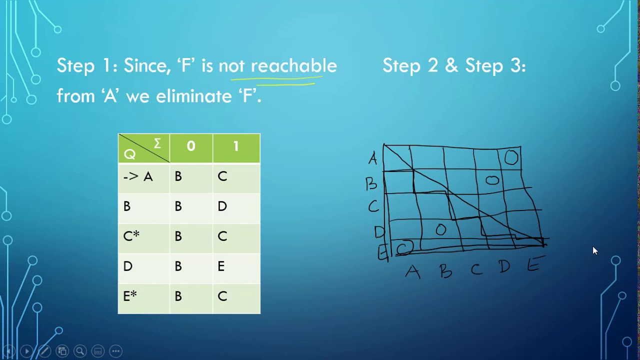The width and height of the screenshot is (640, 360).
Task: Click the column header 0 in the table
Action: click(x=191, y=146)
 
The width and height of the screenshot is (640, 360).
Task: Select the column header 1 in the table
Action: click(x=236, y=146)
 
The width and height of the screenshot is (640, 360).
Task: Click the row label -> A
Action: click(x=138, y=176)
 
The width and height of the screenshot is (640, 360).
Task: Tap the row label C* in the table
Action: click(x=131, y=236)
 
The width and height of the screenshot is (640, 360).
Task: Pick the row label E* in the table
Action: click(x=130, y=296)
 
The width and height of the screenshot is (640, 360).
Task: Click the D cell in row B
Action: click(x=222, y=206)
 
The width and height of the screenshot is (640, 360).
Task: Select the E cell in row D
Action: click(x=221, y=266)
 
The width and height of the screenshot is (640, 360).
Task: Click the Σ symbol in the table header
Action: click(x=157, y=144)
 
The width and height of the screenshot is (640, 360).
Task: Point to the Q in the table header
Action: click(x=129, y=154)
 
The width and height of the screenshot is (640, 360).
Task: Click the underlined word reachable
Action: click(x=293, y=66)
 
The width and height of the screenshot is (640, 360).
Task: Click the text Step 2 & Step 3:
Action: click(x=454, y=66)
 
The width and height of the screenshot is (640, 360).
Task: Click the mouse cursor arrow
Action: click(x=594, y=250)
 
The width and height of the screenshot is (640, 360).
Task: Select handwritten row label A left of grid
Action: click(x=372, y=159)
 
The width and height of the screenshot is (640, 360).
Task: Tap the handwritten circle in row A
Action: click(x=511, y=158)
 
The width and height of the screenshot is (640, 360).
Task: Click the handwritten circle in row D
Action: click(x=440, y=230)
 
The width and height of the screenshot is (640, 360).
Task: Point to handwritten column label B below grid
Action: click(x=445, y=271)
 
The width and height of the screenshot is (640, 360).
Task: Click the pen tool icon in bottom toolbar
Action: click(x=44, y=351)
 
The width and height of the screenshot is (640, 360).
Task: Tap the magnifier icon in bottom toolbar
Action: click(x=80, y=351)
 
